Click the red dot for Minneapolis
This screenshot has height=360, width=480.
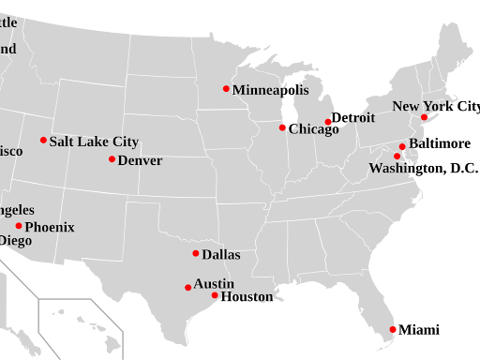tap(226, 89)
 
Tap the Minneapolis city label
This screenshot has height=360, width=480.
tap(270, 90)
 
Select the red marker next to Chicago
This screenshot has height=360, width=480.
tap(282, 127)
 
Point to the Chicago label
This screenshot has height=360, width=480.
tap(314, 129)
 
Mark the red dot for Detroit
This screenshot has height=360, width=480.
tap(328, 122)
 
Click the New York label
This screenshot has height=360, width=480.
tap(422, 106)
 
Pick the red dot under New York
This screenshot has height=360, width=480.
tap(424, 117)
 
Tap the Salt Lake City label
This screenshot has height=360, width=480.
tap(94, 142)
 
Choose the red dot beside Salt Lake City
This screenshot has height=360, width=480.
tap(43, 141)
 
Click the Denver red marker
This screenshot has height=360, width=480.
tap(112, 159)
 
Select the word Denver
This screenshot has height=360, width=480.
tap(140, 160)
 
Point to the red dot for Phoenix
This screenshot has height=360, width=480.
tap(19, 226)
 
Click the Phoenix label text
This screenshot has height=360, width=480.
tap(50, 227)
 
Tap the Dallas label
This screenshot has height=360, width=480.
tap(221, 254)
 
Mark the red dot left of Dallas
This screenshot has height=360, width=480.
tap(196, 253)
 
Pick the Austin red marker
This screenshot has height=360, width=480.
tap(187, 288)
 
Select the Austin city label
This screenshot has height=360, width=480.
tap(214, 284)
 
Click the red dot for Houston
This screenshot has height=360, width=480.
tap(215, 295)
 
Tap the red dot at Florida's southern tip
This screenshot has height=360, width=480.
tap(393, 329)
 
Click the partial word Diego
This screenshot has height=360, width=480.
tap(15, 241)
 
